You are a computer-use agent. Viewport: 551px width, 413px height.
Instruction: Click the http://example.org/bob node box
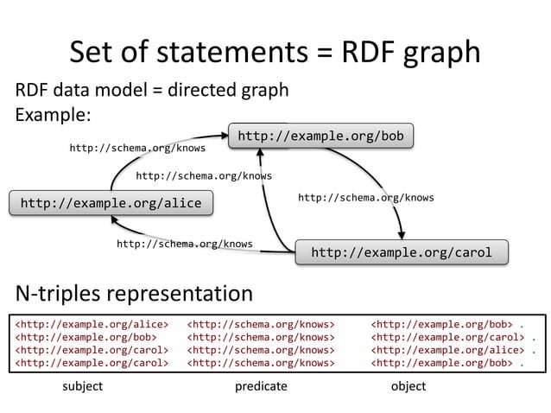320,137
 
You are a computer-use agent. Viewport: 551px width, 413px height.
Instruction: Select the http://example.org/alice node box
110,203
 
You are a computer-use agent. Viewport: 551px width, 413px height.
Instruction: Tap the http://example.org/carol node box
401,252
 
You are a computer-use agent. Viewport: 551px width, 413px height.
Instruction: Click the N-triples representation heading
134,293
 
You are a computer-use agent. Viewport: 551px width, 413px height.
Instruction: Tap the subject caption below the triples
83,386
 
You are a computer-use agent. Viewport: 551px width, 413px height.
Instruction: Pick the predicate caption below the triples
261,386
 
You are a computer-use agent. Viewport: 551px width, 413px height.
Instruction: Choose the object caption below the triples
408,386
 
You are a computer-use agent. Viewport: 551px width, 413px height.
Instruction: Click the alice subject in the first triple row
91,324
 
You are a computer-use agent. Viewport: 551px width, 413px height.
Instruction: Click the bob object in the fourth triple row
441,364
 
